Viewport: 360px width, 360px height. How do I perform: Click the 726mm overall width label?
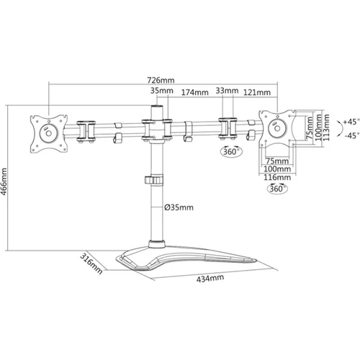[161, 80]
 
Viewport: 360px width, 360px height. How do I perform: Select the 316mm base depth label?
[91, 263]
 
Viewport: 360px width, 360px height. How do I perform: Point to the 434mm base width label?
[210, 278]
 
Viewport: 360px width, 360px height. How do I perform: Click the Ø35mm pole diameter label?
[179, 207]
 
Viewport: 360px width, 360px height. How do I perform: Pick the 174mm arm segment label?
[194, 92]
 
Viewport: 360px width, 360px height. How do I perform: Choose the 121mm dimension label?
[257, 92]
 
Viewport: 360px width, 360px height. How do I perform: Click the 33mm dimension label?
[227, 91]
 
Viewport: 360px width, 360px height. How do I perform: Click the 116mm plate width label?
[277, 177]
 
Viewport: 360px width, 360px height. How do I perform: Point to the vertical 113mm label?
[326, 127]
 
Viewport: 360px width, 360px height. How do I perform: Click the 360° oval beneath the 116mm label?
[277, 189]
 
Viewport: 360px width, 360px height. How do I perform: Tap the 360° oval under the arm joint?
[231, 151]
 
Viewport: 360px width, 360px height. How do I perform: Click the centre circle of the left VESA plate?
[48, 133]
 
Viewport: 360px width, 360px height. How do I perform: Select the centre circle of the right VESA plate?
[277, 128]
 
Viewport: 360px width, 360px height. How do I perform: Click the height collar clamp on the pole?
[154, 180]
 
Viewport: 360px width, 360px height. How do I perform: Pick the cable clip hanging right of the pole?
[188, 131]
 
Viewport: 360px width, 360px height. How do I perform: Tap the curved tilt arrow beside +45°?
[340, 129]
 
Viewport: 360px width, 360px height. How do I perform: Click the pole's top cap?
[157, 107]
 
